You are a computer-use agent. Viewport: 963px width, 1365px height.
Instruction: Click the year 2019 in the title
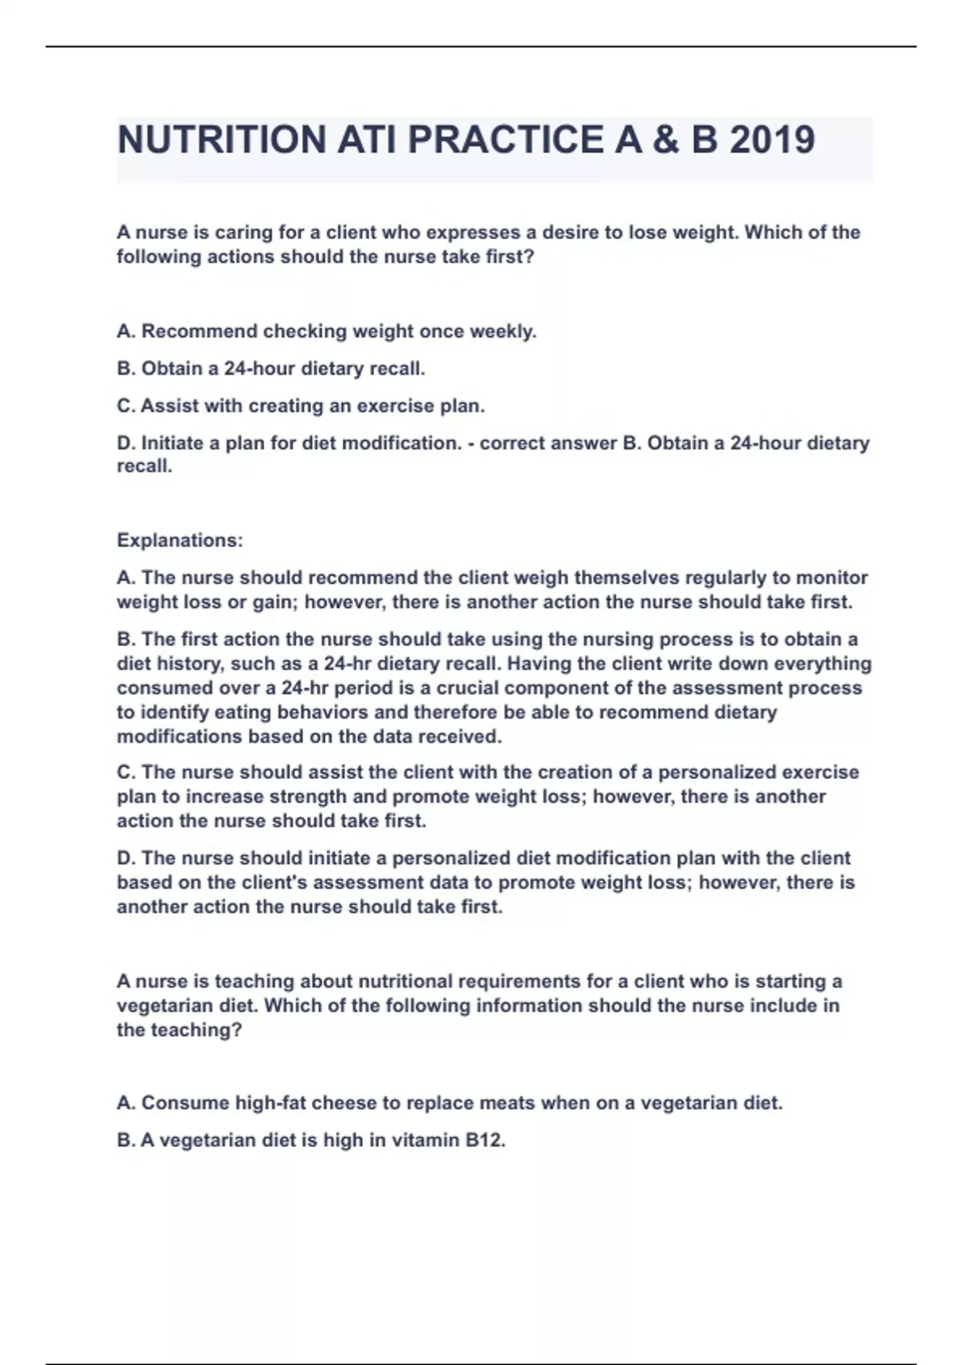point(772,140)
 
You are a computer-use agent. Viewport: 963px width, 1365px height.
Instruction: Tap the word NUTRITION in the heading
point(221,140)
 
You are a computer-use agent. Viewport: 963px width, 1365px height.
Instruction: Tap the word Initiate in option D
point(171,443)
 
